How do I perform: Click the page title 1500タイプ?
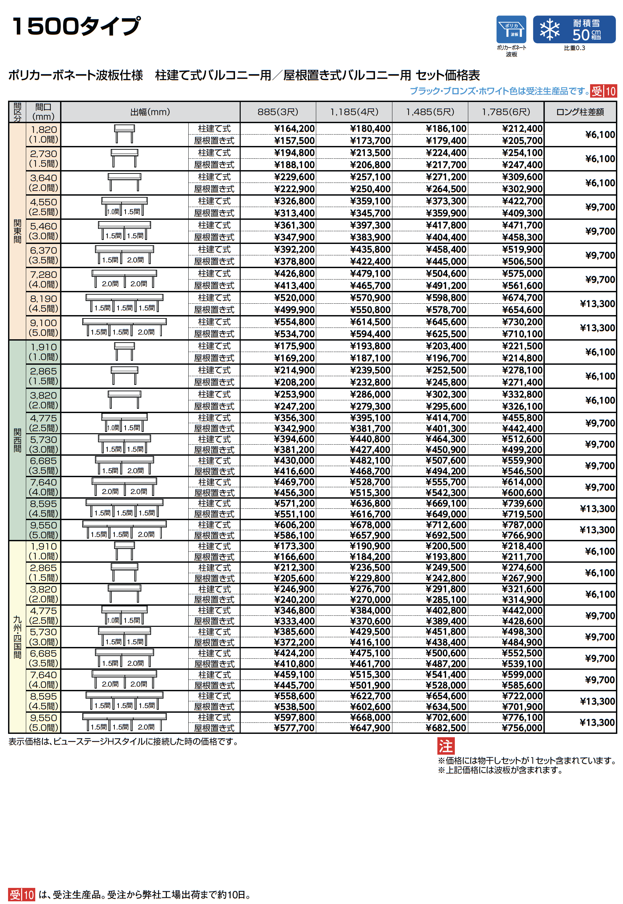coord(76,27)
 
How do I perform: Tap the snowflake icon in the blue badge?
coord(549,30)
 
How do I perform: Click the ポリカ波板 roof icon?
coord(511,29)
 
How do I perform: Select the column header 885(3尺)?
coord(278,112)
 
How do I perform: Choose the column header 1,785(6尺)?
coord(506,112)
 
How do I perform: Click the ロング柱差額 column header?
coord(580,112)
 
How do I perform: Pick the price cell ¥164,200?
coord(294,129)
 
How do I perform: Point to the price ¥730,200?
coord(522,322)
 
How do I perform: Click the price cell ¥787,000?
coord(522,525)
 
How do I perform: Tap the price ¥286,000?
coord(370,395)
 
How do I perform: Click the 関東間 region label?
coord(17,231)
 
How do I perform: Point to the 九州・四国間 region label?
coord(17,637)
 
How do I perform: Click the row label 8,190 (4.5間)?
coord(43,304)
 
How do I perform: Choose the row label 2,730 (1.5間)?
coord(43,158)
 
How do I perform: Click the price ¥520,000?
coord(294,298)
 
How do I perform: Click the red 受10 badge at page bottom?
coord(22,894)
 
